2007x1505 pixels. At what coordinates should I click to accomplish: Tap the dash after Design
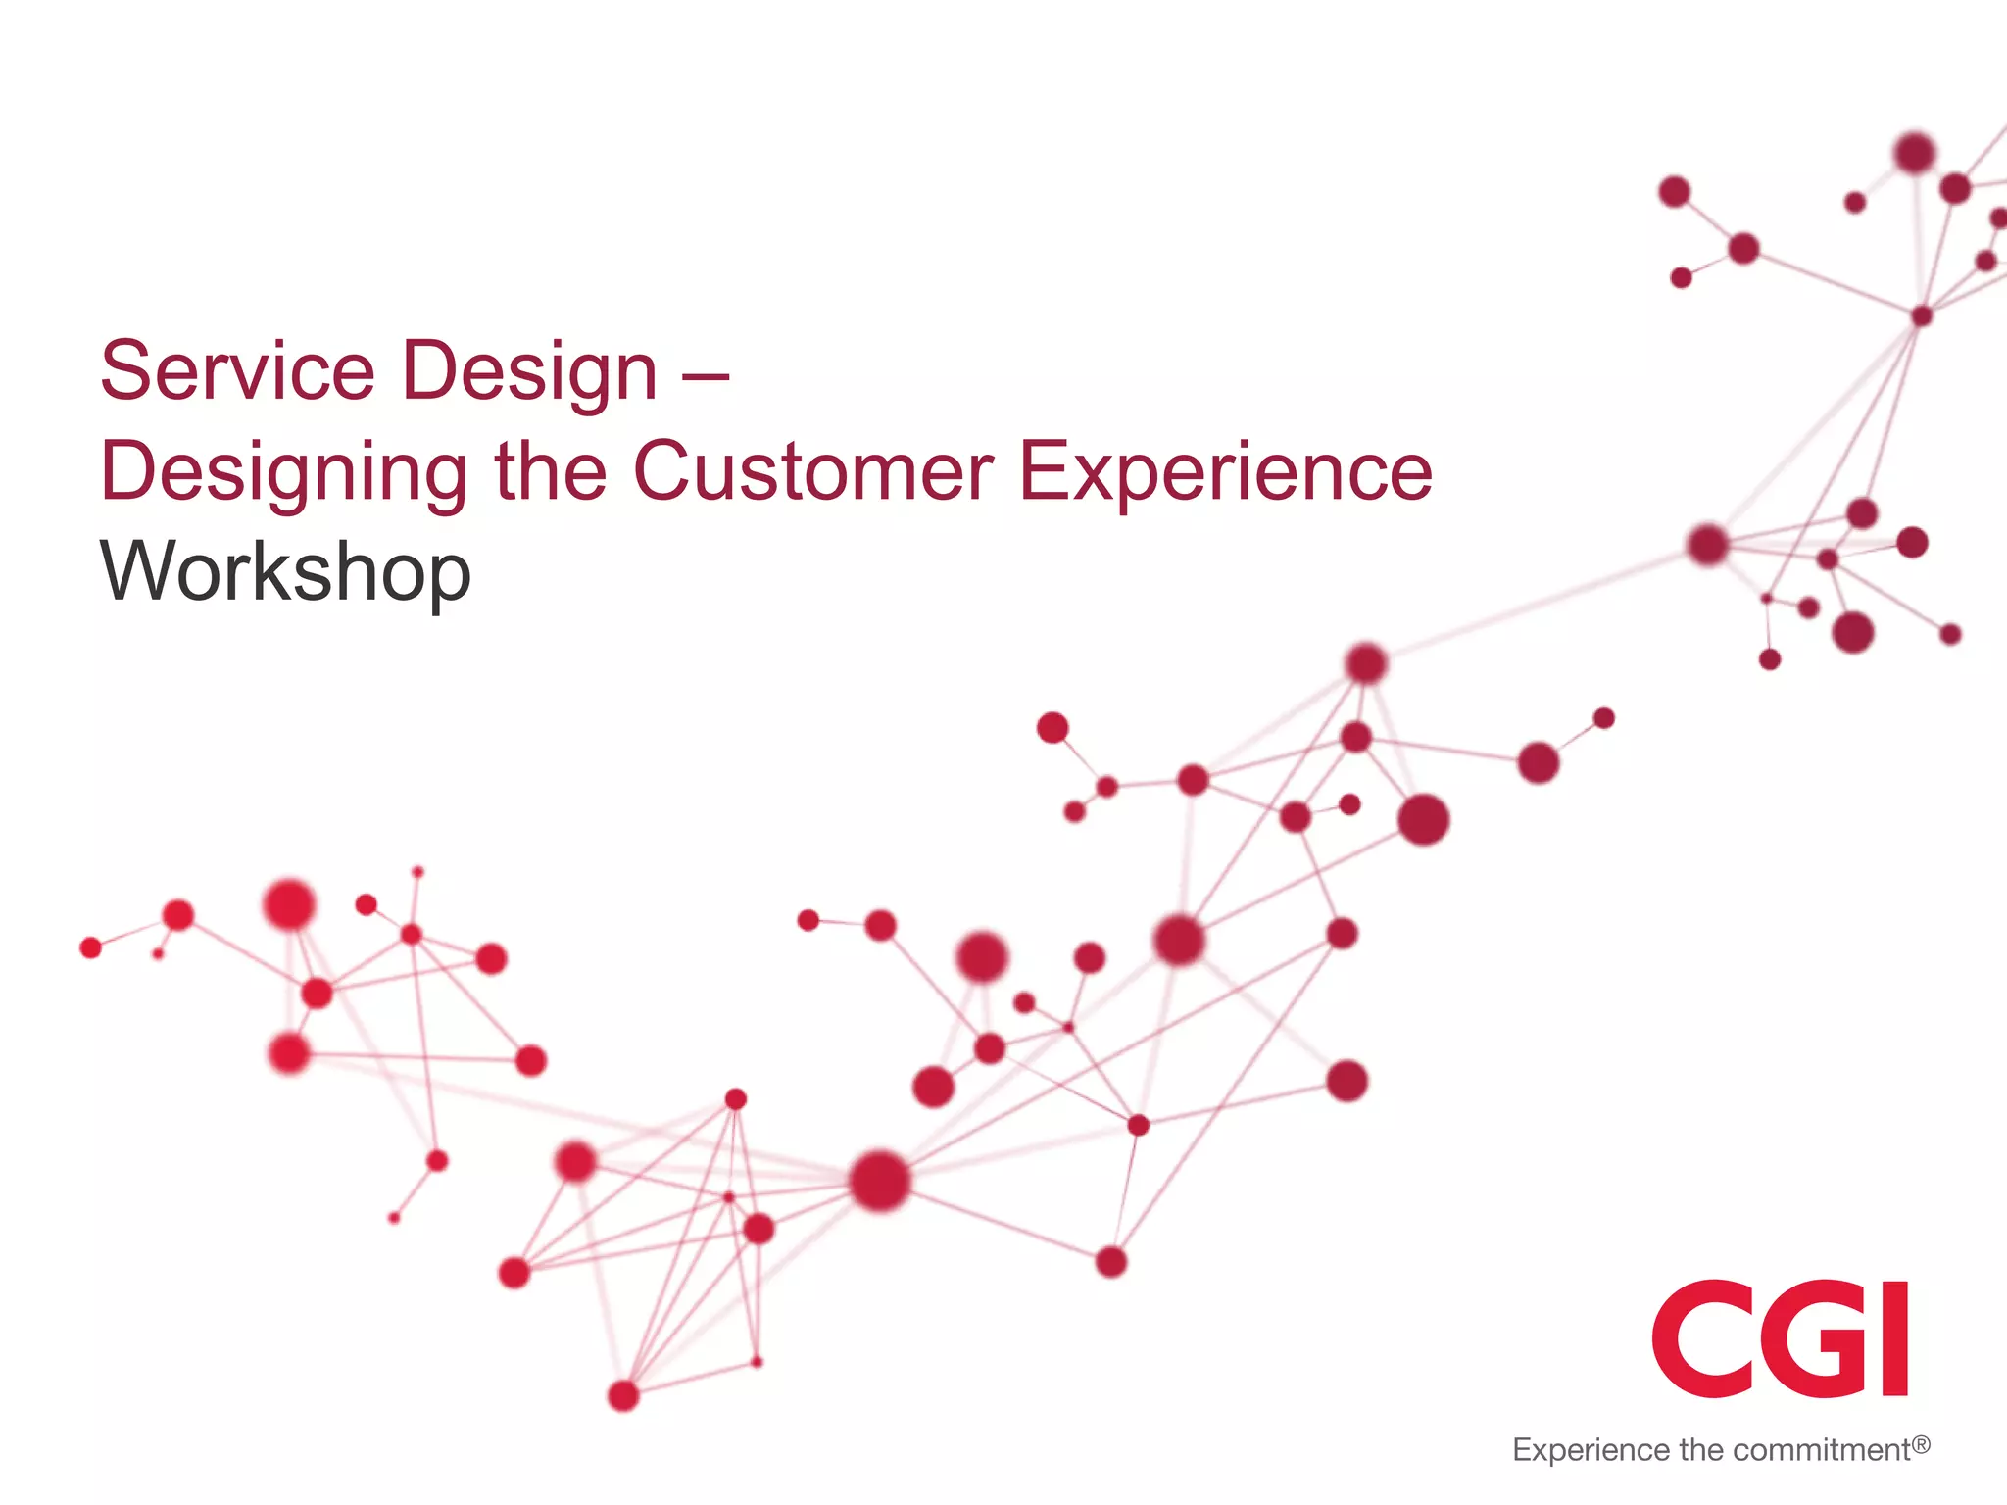point(706,373)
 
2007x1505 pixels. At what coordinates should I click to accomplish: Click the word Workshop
point(285,573)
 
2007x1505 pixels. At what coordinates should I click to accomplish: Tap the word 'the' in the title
point(550,472)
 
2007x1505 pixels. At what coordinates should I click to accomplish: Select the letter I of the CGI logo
point(1893,1338)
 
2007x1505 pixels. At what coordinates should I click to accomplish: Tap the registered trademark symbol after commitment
point(1921,1444)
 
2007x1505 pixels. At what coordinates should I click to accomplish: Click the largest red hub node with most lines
point(879,1181)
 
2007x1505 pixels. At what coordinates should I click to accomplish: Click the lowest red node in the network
point(623,1395)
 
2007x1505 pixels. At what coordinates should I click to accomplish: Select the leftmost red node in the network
point(90,947)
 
